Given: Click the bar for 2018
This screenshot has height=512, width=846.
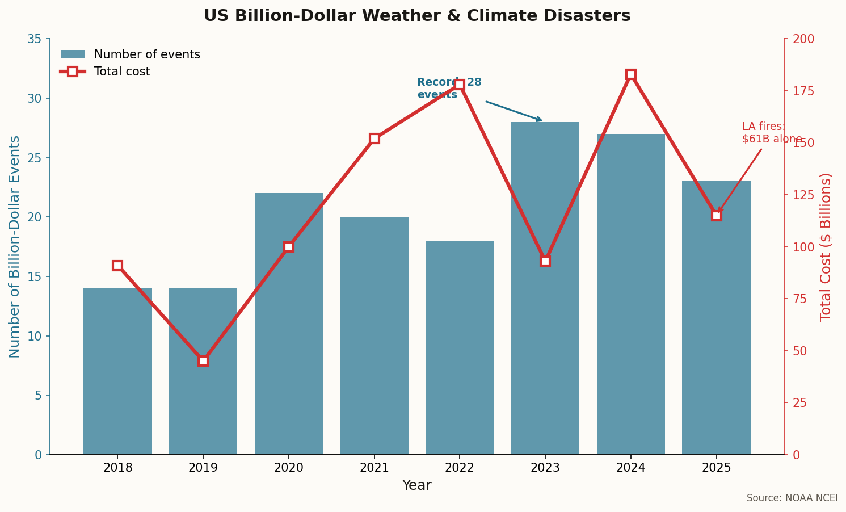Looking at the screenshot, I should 117,371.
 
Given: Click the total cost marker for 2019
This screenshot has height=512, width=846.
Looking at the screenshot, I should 203,361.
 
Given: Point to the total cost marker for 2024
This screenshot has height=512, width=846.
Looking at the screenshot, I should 631,74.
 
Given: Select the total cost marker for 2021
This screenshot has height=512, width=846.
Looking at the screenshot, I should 374,139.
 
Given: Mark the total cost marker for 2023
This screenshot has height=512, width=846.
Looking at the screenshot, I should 545,261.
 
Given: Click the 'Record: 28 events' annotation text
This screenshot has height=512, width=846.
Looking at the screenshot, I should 449,89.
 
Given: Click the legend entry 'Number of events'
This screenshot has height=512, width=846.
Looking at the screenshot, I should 146,55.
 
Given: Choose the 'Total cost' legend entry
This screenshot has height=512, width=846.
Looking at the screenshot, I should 121,72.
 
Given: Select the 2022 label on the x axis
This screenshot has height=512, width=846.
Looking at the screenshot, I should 460,468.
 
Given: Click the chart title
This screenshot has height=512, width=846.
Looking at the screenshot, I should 417,16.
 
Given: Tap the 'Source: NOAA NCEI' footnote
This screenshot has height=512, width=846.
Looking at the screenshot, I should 792,498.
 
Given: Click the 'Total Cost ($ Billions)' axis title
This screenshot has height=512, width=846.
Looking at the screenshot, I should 826,247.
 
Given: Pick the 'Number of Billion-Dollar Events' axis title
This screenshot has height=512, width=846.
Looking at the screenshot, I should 15,247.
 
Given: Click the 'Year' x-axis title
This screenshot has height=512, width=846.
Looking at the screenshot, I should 417,486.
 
